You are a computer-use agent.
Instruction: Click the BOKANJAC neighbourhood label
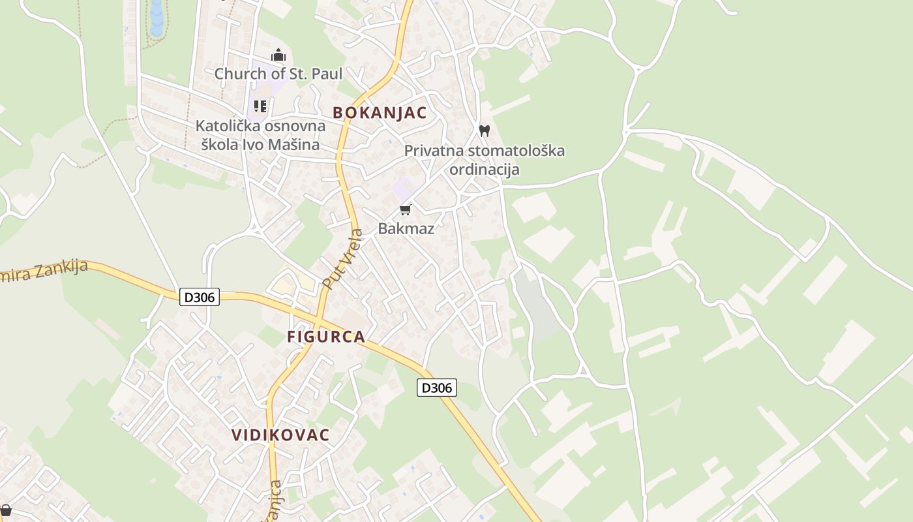pyautogui.click(x=380, y=113)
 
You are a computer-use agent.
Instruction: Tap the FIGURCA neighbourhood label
pyautogui.click(x=326, y=337)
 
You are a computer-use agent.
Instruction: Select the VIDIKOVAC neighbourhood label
pyautogui.click(x=281, y=435)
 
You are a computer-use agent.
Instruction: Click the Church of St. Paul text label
pyautogui.click(x=278, y=74)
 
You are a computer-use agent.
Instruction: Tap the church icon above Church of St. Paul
pyautogui.click(x=278, y=55)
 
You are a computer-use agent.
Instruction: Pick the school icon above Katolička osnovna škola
pyautogui.click(x=260, y=106)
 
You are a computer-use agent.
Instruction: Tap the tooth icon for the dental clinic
pyautogui.click(x=484, y=130)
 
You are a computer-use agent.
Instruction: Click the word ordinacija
pyautogui.click(x=484, y=170)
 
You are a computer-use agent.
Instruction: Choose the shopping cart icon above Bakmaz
pyautogui.click(x=406, y=209)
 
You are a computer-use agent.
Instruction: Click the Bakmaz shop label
pyautogui.click(x=406, y=228)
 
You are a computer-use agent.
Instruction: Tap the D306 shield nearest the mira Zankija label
pyautogui.click(x=200, y=298)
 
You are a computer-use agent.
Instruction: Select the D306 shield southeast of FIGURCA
pyautogui.click(x=437, y=388)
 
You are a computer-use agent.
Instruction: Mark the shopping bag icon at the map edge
pyautogui.click(x=5, y=510)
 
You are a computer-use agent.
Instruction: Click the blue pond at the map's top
pyautogui.click(x=157, y=18)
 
